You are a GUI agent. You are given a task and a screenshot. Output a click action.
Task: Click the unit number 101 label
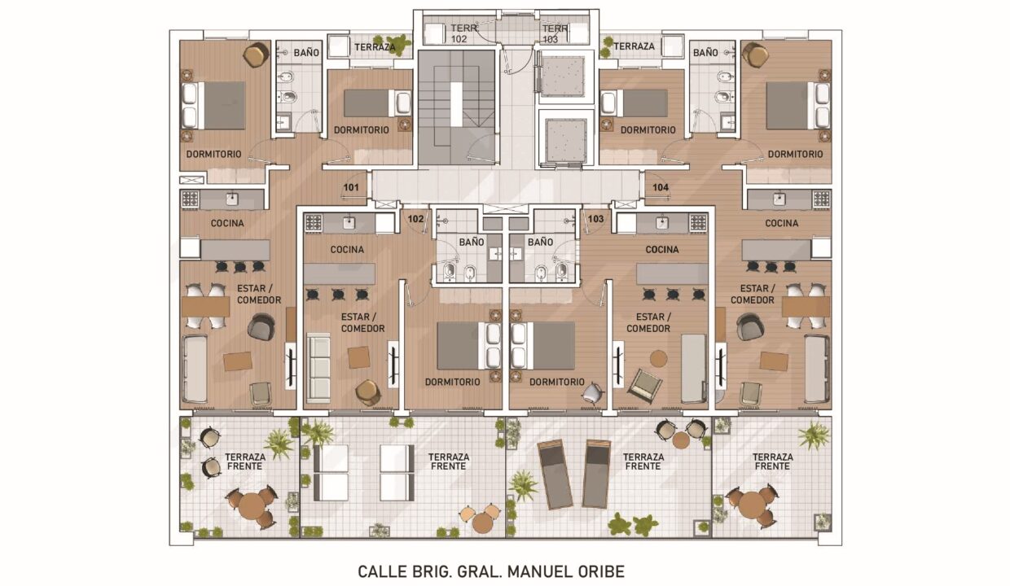(351, 187)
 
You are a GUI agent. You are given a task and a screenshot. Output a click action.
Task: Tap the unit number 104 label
(661, 187)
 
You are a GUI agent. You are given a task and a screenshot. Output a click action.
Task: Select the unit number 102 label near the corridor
(415, 219)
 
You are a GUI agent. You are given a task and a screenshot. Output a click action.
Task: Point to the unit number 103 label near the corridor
(595, 219)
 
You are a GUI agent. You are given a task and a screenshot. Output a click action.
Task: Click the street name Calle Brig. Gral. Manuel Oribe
(491, 571)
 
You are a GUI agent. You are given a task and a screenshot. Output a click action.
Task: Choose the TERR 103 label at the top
(555, 34)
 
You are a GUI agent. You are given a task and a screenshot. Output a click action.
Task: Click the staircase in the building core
(456, 107)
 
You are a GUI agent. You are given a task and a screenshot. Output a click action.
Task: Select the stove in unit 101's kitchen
(190, 199)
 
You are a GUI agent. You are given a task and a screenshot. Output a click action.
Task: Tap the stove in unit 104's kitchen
(822, 199)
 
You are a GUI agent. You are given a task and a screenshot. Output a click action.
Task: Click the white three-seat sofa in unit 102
(318, 368)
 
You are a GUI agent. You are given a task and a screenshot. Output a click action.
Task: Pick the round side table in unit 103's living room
(658, 360)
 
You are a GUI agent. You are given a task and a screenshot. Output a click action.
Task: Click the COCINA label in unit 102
(347, 250)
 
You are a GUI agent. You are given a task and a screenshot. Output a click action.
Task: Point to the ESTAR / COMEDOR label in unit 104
(752, 294)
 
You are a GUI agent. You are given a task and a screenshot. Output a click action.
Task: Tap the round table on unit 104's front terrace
(751, 505)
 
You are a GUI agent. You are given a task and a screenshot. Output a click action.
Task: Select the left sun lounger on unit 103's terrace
(555, 474)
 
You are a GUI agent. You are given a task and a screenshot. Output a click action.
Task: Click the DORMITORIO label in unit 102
(452, 382)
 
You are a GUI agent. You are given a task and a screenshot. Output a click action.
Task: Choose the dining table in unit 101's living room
(205, 307)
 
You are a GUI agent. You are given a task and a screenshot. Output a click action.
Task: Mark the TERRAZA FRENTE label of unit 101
(245, 461)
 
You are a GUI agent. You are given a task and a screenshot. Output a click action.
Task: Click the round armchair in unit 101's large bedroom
(256, 55)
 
